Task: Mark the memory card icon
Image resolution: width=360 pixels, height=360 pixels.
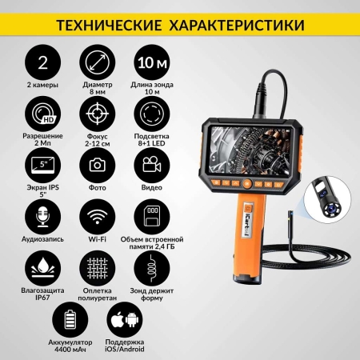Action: point(149,215)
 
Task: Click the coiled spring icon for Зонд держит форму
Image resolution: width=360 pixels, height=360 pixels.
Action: point(149,266)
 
